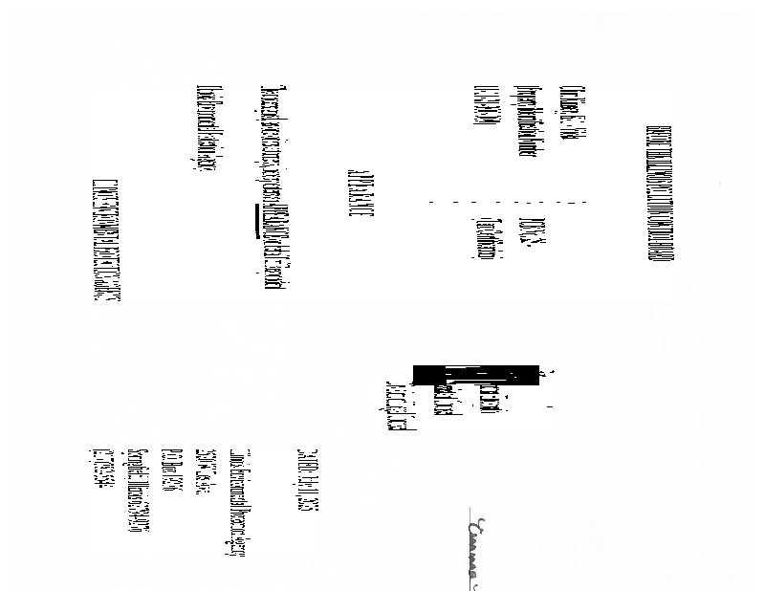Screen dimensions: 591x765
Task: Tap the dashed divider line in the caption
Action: (x=507, y=203)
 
